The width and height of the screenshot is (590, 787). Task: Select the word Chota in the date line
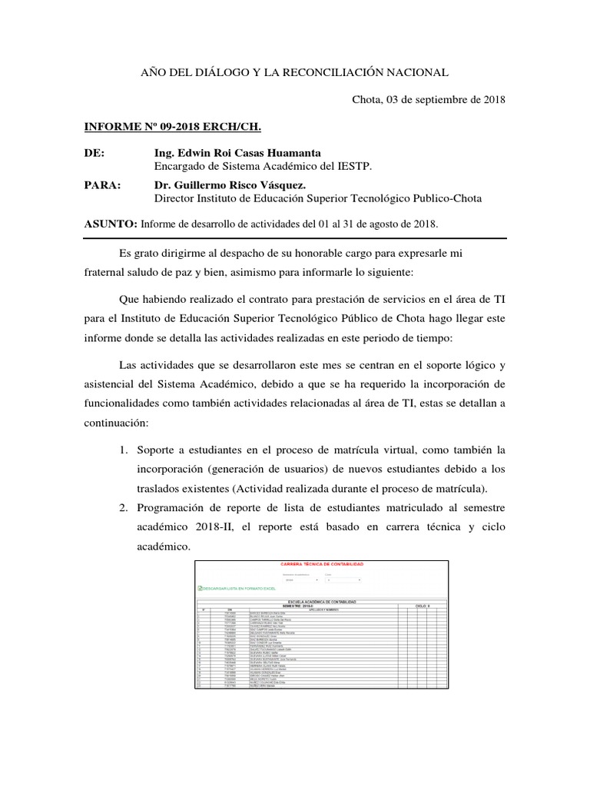pos(367,99)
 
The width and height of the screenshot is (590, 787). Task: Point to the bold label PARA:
pos(101,185)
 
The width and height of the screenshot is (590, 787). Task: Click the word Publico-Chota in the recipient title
pos(446,198)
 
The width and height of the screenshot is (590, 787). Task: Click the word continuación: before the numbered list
pos(112,423)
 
